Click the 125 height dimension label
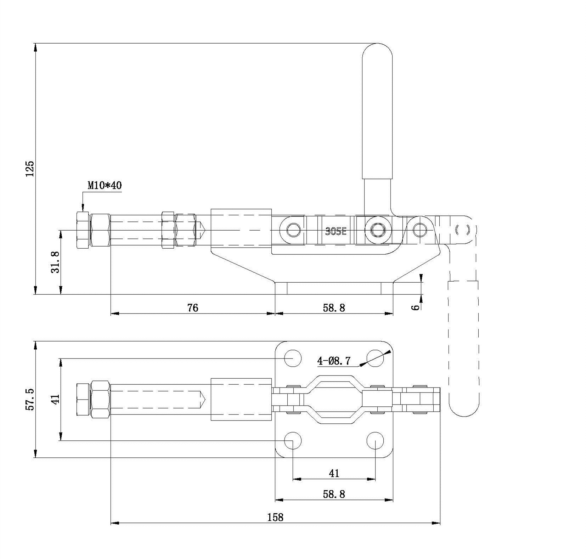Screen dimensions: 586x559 tap(30, 169)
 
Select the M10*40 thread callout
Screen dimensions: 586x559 tap(105, 185)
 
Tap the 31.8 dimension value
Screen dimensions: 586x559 tap(55, 262)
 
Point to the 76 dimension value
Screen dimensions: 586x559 tap(193, 307)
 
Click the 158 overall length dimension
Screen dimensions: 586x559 tap(275, 517)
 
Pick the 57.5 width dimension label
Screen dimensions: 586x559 tap(30, 399)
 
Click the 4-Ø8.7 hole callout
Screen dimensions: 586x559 tap(334, 361)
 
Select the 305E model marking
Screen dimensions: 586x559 tap(336, 232)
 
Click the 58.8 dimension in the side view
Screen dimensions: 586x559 tap(334, 307)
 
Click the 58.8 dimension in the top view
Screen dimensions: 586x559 tap(334, 494)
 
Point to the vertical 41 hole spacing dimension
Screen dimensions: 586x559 tap(55, 399)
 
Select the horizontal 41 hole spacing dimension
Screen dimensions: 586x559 tap(334, 473)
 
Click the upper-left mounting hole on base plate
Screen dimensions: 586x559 tap(293, 358)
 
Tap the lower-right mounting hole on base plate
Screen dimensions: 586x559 tap(375, 441)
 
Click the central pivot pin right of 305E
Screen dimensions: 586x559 tap(379, 230)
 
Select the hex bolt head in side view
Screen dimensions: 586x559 tap(83, 230)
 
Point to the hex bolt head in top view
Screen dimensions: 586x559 tap(83, 399)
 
